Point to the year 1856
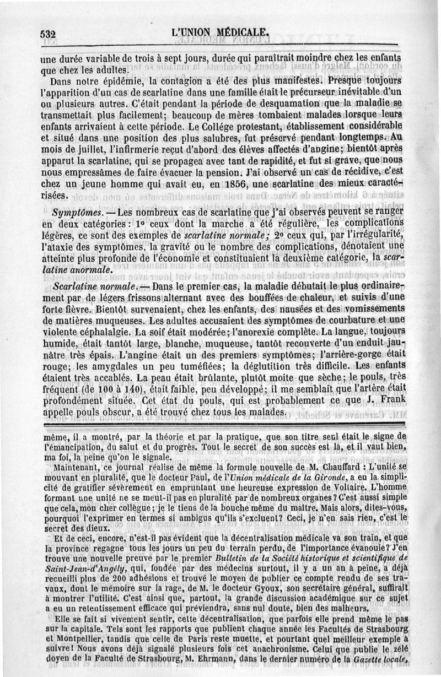238,183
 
